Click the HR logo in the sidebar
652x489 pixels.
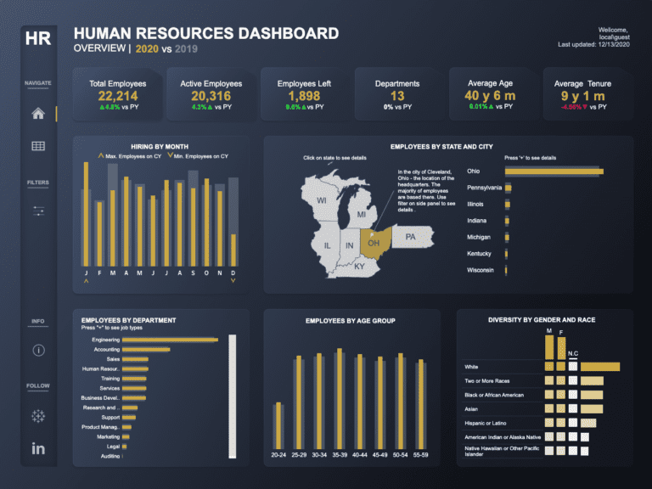tap(38, 38)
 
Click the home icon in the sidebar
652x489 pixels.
tap(38, 114)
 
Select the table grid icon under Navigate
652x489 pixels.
tap(38, 146)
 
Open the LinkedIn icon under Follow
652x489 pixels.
tap(38, 448)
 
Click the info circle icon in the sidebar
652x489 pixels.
tap(38, 350)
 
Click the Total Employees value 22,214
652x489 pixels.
tap(117, 96)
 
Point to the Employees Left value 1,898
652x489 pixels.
tap(299, 96)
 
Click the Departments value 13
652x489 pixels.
tap(397, 96)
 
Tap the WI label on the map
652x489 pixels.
tap(322, 201)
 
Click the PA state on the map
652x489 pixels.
tap(410, 237)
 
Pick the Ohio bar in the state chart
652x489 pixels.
tap(554, 171)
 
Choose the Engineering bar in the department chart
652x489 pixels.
tap(170, 340)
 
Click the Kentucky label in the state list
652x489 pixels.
tap(479, 254)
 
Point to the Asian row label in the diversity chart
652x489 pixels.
tap(472, 408)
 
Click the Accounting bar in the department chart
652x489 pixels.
tap(146, 349)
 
